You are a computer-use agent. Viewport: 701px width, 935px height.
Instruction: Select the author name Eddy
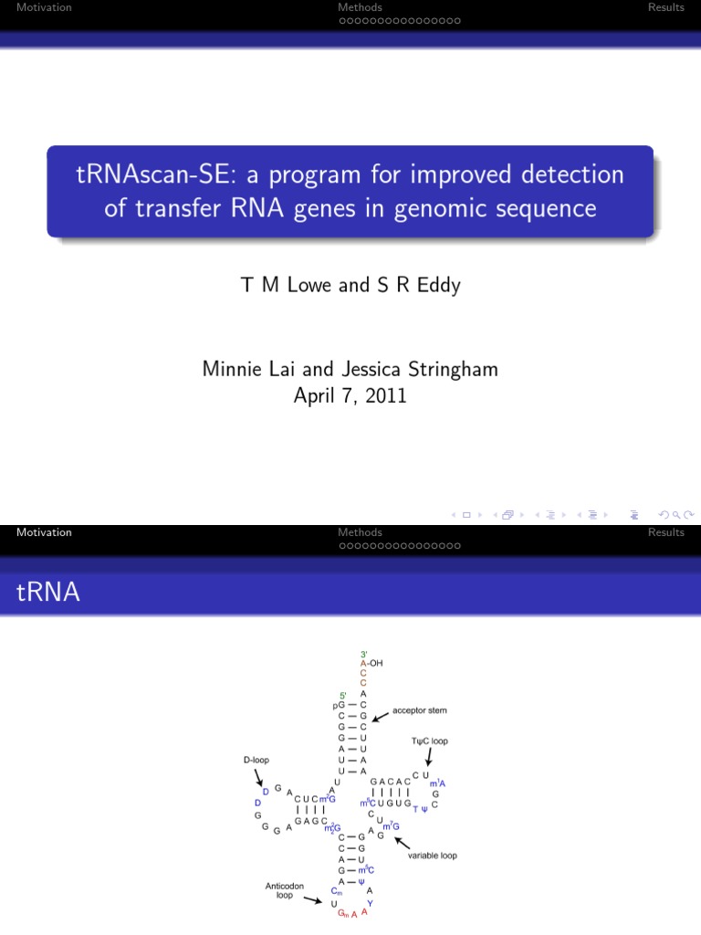437,285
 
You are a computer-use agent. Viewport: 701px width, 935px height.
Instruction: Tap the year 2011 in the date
386,397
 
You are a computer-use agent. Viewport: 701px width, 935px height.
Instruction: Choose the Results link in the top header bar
666,7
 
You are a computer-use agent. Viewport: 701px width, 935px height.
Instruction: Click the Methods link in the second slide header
360,532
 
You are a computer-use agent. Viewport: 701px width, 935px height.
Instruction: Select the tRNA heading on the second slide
48,594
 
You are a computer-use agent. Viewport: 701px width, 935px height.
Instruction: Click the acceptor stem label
419,709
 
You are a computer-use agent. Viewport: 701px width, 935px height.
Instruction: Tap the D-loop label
256,759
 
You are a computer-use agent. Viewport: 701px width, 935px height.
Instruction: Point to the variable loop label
434,856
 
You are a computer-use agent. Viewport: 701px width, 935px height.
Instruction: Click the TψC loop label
429,741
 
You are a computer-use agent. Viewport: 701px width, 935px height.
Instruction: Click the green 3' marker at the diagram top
364,654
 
